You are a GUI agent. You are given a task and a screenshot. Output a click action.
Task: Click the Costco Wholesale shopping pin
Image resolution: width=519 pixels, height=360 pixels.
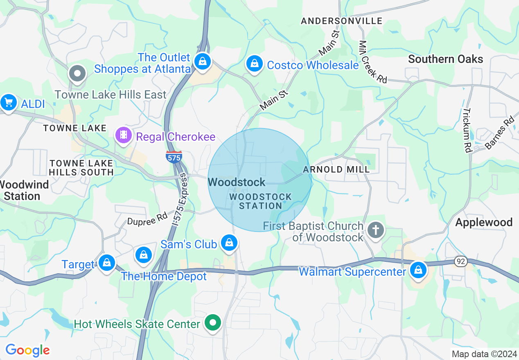click(x=255, y=64)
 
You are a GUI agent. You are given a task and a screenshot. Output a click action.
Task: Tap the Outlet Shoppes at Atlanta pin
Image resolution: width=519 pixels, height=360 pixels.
click(x=202, y=62)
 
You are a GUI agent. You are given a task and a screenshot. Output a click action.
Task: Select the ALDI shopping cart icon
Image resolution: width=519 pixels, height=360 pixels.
click(x=8, y=103)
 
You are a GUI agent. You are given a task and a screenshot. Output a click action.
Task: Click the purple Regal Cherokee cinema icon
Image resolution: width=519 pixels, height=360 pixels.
click(x=124, y=135)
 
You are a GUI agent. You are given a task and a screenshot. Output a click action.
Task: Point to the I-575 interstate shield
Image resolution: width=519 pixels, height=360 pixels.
click(x=174, y=156)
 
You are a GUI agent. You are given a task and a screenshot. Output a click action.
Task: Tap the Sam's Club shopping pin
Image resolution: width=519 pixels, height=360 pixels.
click(x=229, y=243)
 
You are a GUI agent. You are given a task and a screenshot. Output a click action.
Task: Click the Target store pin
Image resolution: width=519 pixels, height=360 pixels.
click(x=107, y=263)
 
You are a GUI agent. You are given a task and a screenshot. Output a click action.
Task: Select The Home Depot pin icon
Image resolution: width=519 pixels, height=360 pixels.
click(x=144, y=255)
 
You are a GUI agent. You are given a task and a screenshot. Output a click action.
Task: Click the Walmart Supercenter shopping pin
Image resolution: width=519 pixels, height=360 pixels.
click(x=418, y=270)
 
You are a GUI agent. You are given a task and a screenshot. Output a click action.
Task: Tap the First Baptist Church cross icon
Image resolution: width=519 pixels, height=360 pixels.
click(x=375, y=230)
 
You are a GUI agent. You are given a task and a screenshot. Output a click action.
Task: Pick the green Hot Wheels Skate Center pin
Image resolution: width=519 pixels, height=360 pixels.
click(x=213, y=323)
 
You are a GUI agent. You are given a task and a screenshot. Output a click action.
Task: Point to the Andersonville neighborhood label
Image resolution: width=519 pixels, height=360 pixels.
click(x=342, y=21)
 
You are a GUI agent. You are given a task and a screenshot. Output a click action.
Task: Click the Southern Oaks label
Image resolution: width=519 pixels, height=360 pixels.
click(x=445, y=59)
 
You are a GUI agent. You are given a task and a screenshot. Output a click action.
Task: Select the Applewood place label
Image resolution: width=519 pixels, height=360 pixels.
click(x=484, y=223)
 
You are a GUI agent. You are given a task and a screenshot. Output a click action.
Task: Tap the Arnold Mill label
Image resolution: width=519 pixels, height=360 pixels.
click(x=336, y=169)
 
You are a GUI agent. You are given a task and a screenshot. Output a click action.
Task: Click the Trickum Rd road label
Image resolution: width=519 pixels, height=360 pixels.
click(x=467, y=130)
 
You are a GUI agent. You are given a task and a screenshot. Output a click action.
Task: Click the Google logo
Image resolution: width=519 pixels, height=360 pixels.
click(x=27, y=350)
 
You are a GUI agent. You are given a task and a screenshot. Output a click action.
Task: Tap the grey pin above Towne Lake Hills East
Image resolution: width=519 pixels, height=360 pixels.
click(x=77, y=74)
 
